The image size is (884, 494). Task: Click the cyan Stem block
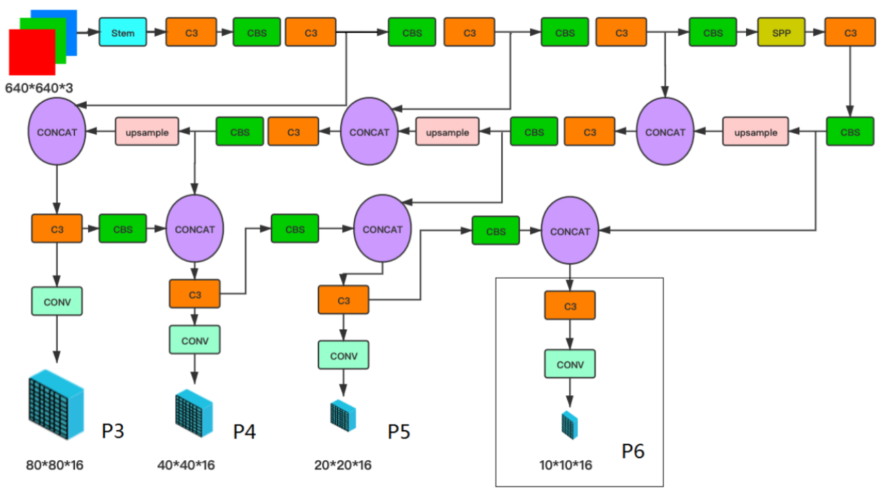[123, 32]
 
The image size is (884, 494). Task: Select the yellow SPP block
[781, 32]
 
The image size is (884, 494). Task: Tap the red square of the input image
[31, 52]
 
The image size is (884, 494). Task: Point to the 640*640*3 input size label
[39, 88]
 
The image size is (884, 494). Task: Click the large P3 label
[113, 432]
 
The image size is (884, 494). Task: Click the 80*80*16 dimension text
[54, 464]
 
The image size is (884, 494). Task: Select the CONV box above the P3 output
[57, 301]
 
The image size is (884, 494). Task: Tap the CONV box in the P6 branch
[570, 364]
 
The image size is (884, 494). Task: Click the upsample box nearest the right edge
[755, 132]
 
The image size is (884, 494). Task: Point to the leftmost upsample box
[146, 131]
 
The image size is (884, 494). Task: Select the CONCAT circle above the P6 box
[570, 232]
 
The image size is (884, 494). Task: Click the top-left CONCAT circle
[57, 131]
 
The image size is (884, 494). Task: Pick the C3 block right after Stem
[190, 32]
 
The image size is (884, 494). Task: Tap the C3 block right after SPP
[850, 32]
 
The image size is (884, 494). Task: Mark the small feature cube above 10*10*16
[569, 425]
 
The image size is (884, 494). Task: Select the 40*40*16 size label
[186, 464]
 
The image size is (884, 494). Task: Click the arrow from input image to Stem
[86, 32]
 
